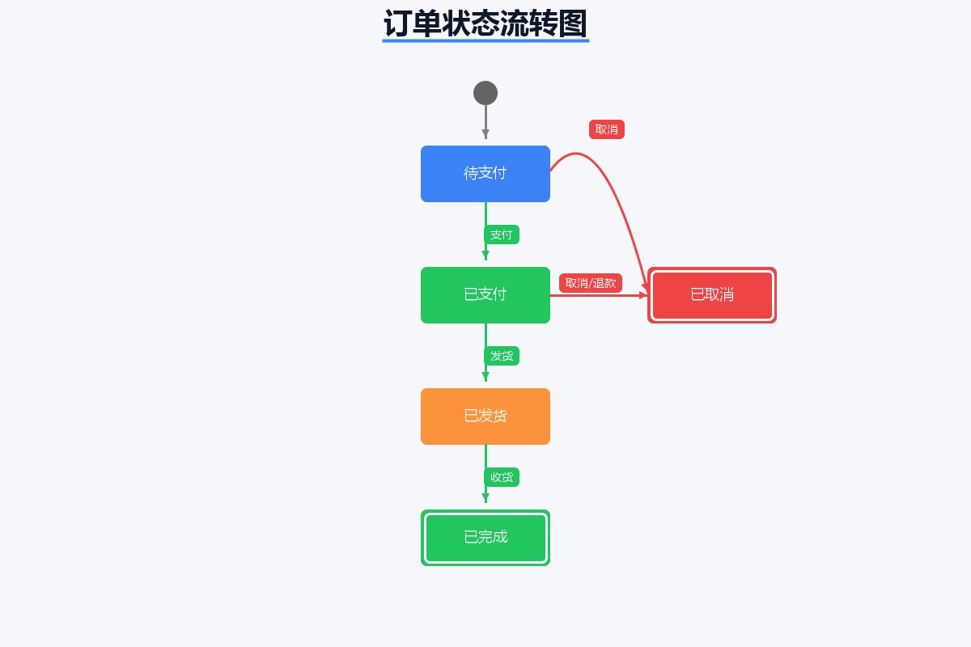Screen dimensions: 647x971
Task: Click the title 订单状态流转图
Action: coord(485,23)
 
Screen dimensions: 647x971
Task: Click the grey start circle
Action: coord(485,93)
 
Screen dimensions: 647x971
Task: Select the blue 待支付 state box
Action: coord(485,174)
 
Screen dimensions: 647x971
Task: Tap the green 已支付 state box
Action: coord(485,295)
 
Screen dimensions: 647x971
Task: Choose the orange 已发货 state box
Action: coord(485,417)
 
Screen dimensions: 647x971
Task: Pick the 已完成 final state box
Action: coord(485,538)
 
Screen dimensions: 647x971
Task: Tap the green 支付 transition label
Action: coord(502,235)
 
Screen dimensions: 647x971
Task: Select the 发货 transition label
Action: coord(502,356)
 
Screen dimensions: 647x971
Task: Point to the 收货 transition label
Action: coord(502,477)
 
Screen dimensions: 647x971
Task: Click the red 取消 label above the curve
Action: coord(607,129)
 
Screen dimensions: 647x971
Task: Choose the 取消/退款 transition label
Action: coord(591,283)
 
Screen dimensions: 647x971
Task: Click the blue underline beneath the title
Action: coord(485,40)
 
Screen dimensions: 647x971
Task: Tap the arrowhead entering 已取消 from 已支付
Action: coord(643,295)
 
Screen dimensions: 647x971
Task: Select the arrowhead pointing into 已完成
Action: coord(485,498)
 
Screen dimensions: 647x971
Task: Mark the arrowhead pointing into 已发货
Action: coord(485,377)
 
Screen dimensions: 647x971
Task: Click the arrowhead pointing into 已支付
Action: coord(485,256)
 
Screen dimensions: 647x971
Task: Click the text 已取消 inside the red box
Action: coord(712,295)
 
